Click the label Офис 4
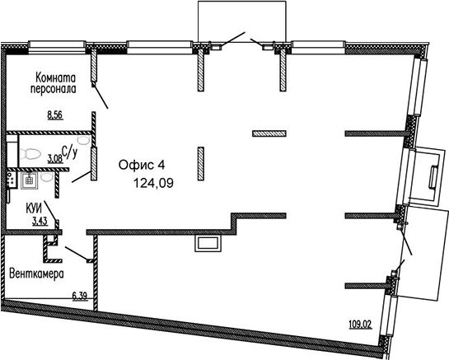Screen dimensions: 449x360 point(142,165)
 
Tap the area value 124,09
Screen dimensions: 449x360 point(154,183)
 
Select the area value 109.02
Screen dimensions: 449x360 point(360,325)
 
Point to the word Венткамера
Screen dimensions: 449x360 point(36,274)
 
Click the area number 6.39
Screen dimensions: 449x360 point(80,296)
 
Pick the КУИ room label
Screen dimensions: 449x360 point(34,208)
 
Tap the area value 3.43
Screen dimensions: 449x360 point(40,222)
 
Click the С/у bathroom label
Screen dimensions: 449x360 point(69,152)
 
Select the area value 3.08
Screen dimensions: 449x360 point(55,158)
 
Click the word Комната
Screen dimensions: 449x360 point(55,77)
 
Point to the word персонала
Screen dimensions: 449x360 point(54,88)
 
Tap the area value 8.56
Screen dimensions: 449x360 point(55,115)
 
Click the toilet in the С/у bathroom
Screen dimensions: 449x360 point(29,154)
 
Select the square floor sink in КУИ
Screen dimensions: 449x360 point(29,180)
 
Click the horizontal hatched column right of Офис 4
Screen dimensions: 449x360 point(269,133)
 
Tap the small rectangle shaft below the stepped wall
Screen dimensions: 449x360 point(208,244)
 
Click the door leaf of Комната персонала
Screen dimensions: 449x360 point(101,97)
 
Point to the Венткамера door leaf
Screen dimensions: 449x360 point(77,253)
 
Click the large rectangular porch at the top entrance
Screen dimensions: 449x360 point(242,21)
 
